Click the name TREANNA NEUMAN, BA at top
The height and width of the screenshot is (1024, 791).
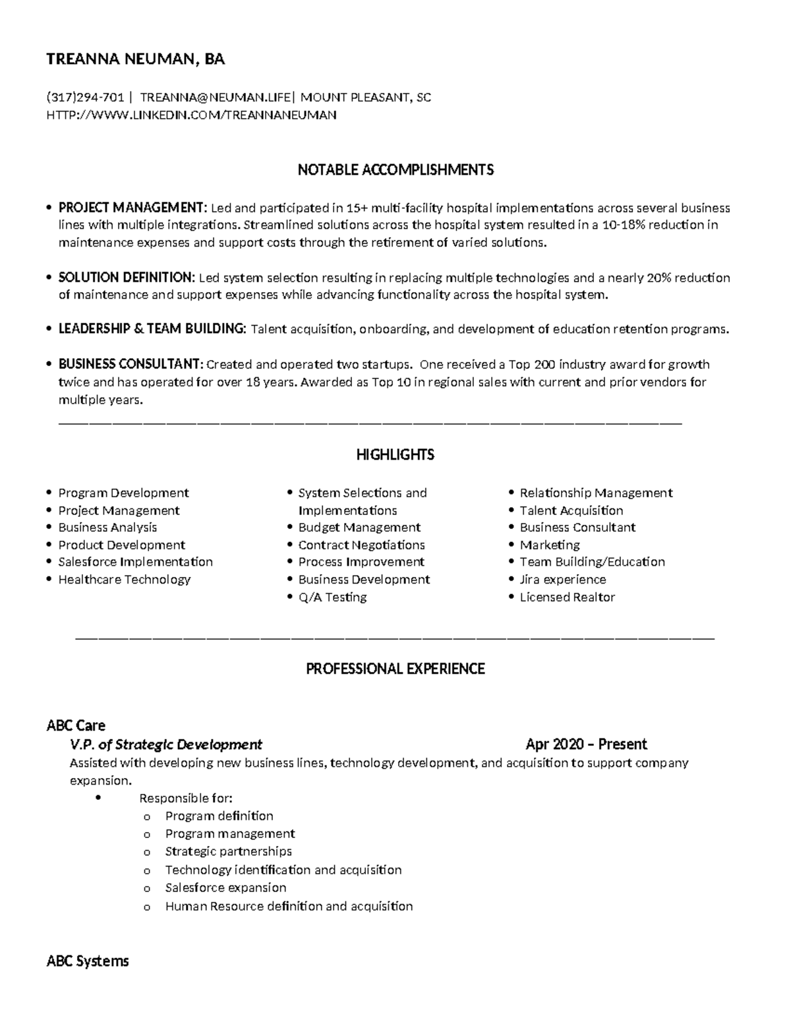click(x=135, y=59)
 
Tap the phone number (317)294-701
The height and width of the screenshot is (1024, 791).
click(x=85, y=98)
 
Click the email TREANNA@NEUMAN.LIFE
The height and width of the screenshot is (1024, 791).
click(x=215, y=98)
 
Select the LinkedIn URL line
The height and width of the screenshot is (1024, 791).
click(x=191, y=115)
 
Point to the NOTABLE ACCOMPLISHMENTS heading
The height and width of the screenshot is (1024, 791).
click(x=395, y=170)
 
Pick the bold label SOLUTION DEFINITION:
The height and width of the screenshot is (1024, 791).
click(x=127, y=278)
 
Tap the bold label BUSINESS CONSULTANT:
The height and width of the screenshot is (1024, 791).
click(x=131, y=364)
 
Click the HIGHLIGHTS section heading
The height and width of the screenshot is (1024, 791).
click(x=395, y=454)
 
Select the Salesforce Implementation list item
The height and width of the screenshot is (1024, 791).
click(x=135, y=562)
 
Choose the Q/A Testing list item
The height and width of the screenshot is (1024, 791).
click(x=332, y=597)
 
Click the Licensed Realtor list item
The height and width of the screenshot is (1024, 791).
click(x=567, y=597)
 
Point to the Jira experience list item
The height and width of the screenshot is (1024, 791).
click(x=562, y=580)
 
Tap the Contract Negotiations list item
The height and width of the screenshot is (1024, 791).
click(x=361, y=545)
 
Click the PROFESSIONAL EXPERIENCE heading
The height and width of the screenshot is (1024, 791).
click(x=395, y=669)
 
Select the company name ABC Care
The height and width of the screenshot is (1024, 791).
click(x=76, y=725)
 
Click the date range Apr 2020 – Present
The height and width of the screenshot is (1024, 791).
click(x=586, y=744)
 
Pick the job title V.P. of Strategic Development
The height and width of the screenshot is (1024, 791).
click(x=166, y=744)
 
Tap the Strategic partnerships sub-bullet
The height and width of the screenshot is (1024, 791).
click(x=228, y=851)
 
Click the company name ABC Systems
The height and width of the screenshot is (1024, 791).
click(x=88, y=961)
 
